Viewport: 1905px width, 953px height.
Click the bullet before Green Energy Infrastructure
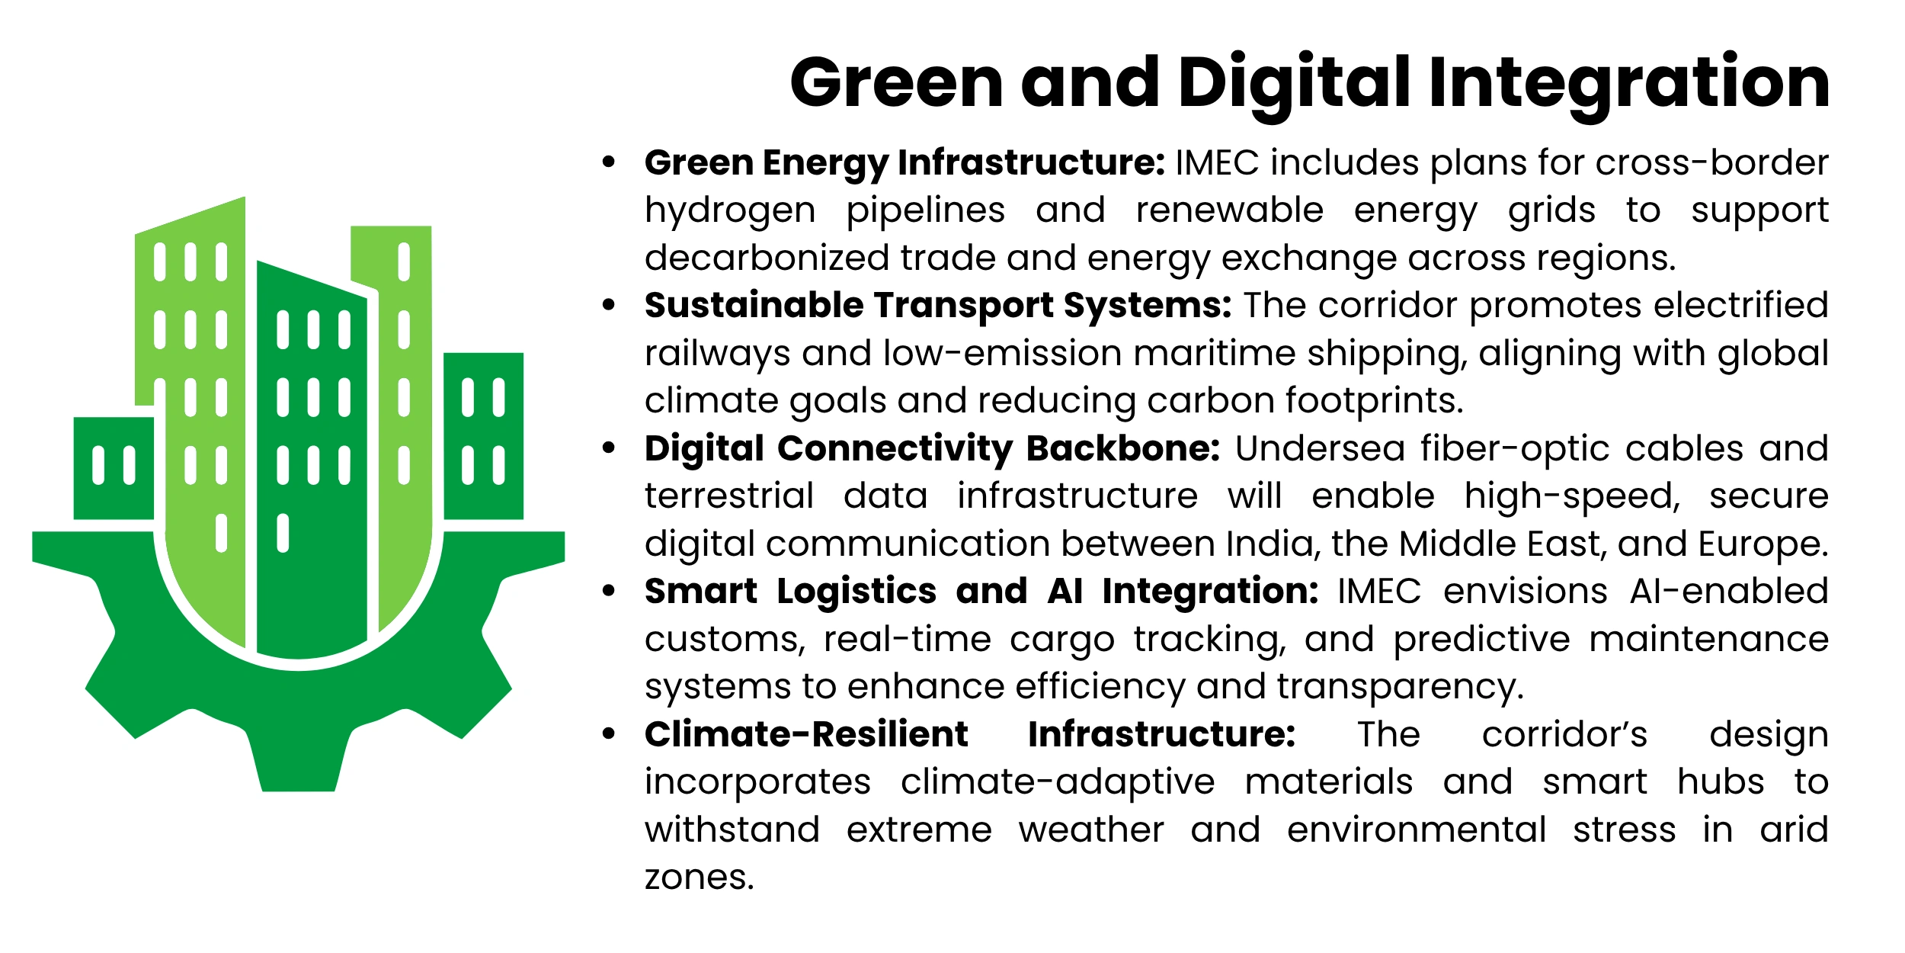coord(608,162)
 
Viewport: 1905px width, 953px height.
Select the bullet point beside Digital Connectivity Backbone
coord(608,448)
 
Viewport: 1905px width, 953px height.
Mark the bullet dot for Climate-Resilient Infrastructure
coord(608,733)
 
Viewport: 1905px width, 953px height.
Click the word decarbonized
coord(766,258)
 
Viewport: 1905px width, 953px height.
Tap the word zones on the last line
coord(699,878)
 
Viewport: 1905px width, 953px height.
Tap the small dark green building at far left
coord(114,468)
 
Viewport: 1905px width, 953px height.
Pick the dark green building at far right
coord(483,436)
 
